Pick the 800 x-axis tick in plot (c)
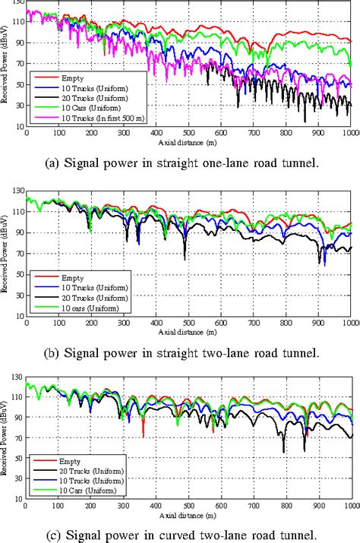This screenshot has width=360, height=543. click(286, 506)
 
